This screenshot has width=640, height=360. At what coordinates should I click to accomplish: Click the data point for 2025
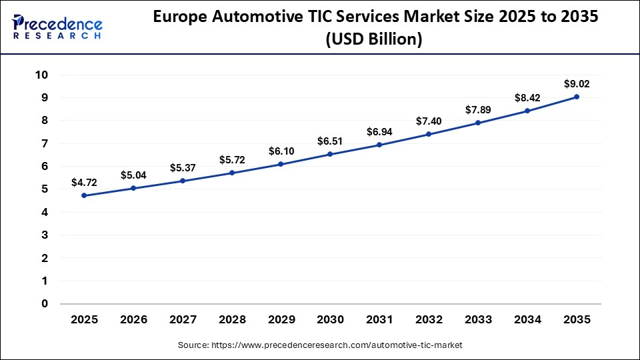[84, 195]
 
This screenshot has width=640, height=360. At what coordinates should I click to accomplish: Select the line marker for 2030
[330, 155]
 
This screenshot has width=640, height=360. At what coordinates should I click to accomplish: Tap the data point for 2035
[577, 97]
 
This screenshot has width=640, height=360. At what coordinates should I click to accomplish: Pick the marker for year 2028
[232, 173]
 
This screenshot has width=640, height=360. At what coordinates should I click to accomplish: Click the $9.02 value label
[577, 83]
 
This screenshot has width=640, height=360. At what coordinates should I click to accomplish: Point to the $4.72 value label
[84, 182]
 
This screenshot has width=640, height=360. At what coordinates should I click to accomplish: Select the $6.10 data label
[281, 151]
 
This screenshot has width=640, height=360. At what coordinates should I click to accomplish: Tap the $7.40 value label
[429, 121]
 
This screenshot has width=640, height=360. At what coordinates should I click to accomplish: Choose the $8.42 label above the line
[527, 97]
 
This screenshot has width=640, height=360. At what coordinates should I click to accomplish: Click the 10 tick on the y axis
[41, 75]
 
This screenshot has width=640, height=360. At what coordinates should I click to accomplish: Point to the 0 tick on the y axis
[45, 304]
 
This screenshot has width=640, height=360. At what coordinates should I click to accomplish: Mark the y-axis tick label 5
[45, 189]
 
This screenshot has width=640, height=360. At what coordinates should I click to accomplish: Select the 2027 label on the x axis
[183, 320]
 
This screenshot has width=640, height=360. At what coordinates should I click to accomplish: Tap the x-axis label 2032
[429, 320]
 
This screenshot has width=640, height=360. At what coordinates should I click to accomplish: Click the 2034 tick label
[527, 320]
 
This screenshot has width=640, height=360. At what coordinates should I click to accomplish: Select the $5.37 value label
[183, 167]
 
